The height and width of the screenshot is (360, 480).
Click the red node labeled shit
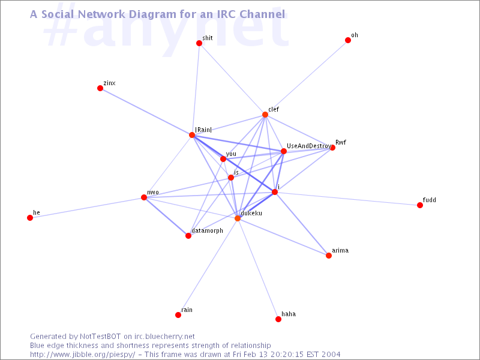click(x=199, y=43)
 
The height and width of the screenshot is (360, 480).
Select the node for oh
click(x=348, y=40)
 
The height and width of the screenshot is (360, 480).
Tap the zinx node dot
click(x=100, y=88)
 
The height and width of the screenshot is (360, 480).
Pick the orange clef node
click(x=265, y=115)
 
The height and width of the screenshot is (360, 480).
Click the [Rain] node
click(x=192, y=135)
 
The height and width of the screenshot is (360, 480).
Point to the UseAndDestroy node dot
click(x=284, y=151)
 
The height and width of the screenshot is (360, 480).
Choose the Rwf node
click(x=332, y=148)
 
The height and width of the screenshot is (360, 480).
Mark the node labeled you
click(x=223, y=159)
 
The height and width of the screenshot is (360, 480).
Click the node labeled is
click(x=231, y=178)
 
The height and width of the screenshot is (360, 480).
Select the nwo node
click(x=144, y=197)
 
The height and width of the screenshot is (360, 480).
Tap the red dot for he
click(x=30, y=218)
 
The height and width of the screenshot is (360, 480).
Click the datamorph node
click(x=188, y=236)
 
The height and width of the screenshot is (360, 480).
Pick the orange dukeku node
click(x=238, y=218)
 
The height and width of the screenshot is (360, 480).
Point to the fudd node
click(x=420, y=205)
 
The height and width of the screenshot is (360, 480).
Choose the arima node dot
click(x=329, y=256)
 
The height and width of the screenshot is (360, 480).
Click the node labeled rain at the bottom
click(x=178, y=315)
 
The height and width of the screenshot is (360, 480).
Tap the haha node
click(x=278, y=319)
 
